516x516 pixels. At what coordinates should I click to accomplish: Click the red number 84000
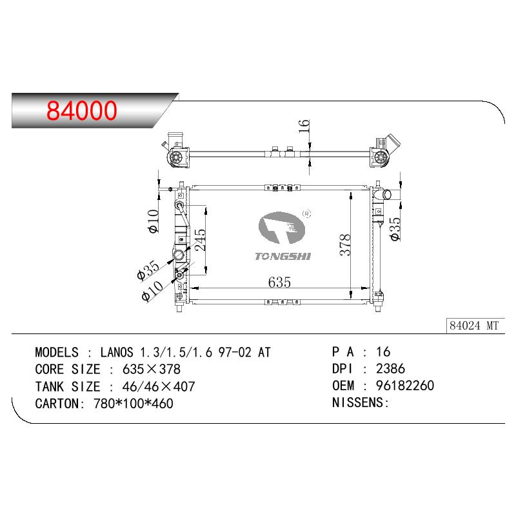coord(82,110)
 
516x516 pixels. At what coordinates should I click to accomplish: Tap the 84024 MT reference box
coord(474,326)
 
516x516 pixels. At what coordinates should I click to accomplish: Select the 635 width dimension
coord(279,282)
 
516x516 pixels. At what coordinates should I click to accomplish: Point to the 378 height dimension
coord(345,245)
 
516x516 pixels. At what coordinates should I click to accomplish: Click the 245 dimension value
coord(201,240)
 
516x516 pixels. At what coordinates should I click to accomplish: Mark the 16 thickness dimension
coord(304,126)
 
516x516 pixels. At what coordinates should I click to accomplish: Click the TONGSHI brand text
coord(283,256)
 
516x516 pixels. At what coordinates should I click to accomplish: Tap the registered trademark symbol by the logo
coord(306,214)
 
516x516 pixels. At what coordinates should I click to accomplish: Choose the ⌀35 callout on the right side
coord(395,229)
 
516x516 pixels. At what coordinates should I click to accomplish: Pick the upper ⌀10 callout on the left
coord(154,221)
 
